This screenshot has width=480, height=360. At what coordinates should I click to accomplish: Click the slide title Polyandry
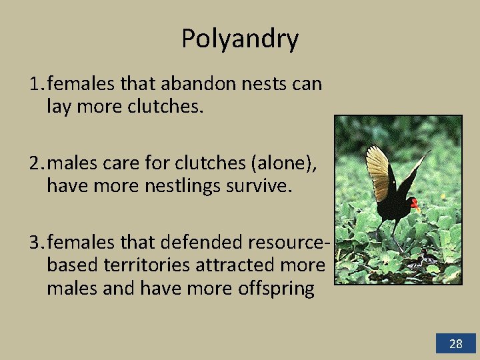240,39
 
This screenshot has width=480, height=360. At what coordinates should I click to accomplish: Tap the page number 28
456,344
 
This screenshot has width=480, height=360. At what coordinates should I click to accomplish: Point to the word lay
60,106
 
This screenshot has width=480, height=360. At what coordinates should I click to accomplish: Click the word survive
265,185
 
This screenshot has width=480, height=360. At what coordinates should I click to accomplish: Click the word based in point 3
73,265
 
